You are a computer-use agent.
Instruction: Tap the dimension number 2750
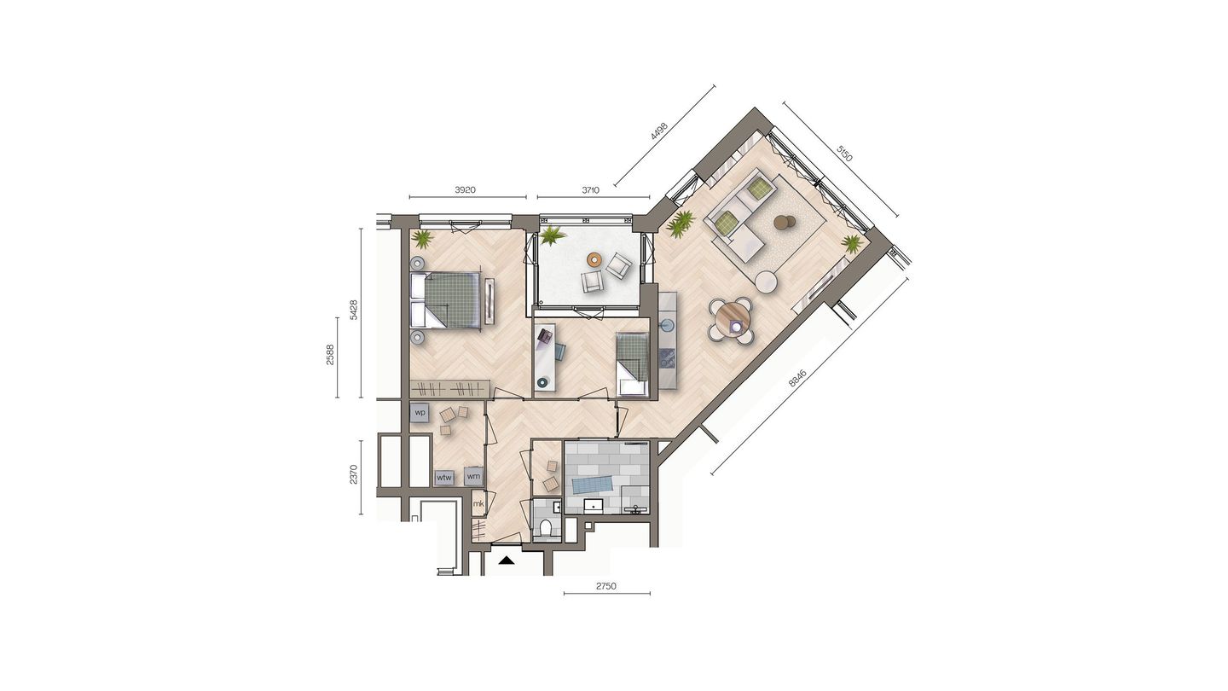(605, 586)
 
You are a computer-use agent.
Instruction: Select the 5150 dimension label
(844, 154)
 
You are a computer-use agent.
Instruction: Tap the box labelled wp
(419, 413)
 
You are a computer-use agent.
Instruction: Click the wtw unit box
(443, 478)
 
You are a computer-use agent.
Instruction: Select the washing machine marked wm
(473, 476)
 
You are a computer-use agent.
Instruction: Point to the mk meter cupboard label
(478, 504)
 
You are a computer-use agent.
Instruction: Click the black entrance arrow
(507, 560)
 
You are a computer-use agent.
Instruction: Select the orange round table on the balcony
(595, 259)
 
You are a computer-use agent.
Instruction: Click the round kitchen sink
(666, 325)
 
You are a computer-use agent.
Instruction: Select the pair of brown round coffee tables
(783, 224)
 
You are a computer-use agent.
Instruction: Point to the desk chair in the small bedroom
(560, 351)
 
